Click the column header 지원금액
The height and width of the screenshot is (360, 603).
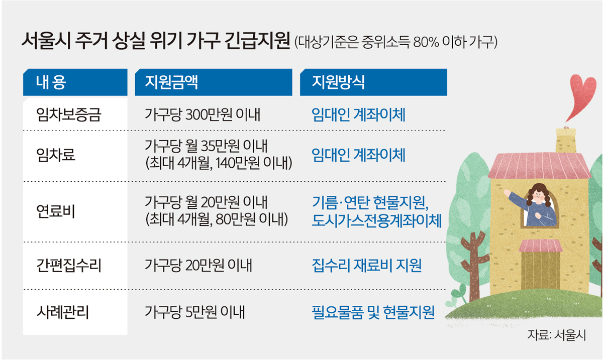click(171, 82)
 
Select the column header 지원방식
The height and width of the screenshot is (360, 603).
click(338, 82)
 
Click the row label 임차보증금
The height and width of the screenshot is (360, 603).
click(69, 114)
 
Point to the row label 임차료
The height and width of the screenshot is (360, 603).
click(56, 155)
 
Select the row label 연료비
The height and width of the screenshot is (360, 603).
click(56, 211)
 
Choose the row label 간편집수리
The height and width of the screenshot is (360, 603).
click(69, 265)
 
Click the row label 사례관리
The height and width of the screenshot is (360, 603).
click(62, 312)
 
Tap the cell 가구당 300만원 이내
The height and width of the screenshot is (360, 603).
click(203, 114)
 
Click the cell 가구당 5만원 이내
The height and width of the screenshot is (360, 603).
click(194, 312)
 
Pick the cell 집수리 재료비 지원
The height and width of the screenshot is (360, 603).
click(367, 265)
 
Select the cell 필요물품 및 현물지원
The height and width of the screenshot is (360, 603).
click(373, 312)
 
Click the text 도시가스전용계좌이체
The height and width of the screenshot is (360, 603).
click(377, 220)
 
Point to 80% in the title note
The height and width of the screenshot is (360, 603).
click(426, 42)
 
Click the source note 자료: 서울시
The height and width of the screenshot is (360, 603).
click(556, 335)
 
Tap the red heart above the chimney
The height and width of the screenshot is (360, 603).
click(581, 94)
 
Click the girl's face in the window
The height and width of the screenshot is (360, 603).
click(539, 196)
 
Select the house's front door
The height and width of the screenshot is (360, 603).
click(541, 271)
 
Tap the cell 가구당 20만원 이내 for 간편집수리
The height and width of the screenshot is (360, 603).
click(198, 265)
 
